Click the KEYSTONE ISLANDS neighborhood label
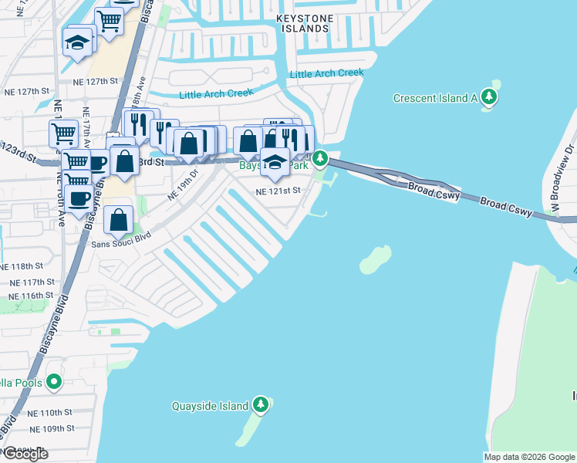tap(303, 22)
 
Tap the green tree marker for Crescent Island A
tap(488, 97)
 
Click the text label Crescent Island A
tap(435, 98)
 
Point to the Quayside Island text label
tap(210, 406)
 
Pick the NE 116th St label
tap(31, 296)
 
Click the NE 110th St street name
tap(50, 413)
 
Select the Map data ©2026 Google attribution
tap(529, 457)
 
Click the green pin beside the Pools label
tap(53, 382)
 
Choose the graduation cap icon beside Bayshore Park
tap(274, 161)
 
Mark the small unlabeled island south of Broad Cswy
tap(375, 259)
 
